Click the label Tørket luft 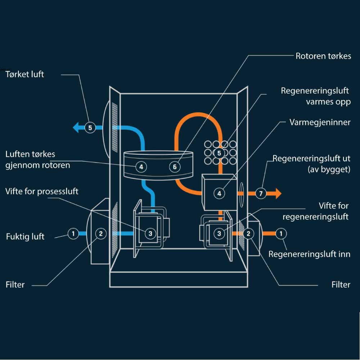pyautogui.click(x=25, y=75)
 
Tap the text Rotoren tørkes pyautogui.click(x=323, y=56)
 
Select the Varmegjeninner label pyautogui.click(x=320, y=122)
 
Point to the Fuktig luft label pyautogui.click(x=25, y=237)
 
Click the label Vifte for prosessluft pyautogui.click(x=42, y=191)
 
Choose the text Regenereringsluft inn pyautogui.click(x=309, y=254)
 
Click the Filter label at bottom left pyautogui.click(x=15, y=285)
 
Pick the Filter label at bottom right pyautogui.click(x=341, y=285)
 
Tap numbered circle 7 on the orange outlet pyautogui.click(x=261, y=193)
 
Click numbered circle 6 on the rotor pyautogui.click(x=175, y=167)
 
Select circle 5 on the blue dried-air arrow pyautogui.click(x=90, y=127)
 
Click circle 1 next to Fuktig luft pyautogui.click(x=73, y=234)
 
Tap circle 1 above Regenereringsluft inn pyautogui.click(x=281, y=234)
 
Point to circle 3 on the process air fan pyautogui.click(x=150, y=234)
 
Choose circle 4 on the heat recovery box pyautogui.click(x=219, y=193)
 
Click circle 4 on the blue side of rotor pyautogui.click(x=141, y=167)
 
